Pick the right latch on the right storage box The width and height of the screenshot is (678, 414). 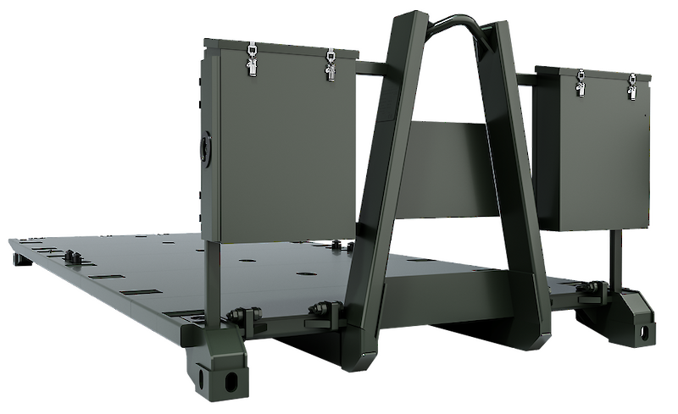click(631, 86)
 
